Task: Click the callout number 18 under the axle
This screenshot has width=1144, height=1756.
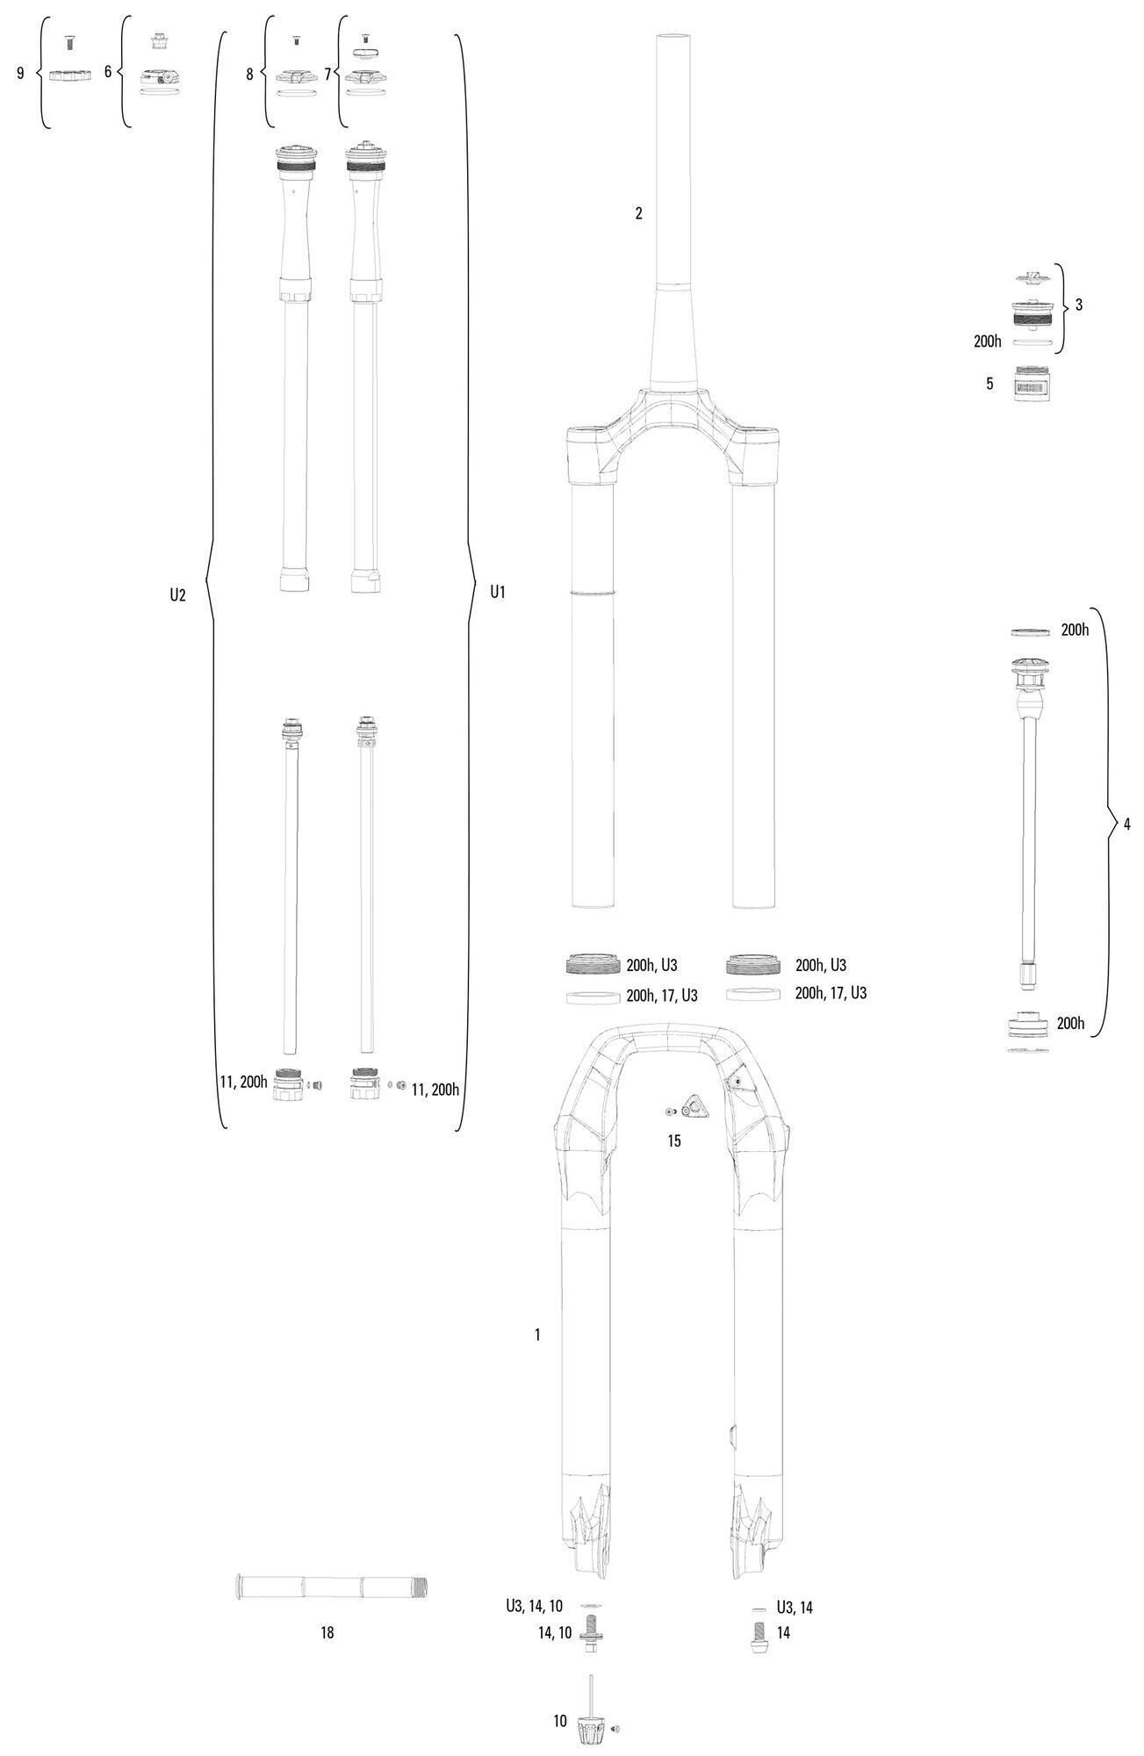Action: coord(327,1633)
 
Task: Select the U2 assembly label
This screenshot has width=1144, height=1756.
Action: coord(177,594)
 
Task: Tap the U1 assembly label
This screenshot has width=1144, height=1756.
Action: coord(498,592)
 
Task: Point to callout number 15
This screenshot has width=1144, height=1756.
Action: coord(674,1141)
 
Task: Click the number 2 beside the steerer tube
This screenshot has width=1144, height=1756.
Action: coord(639,212)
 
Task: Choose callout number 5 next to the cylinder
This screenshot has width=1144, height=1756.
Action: coord(989,384)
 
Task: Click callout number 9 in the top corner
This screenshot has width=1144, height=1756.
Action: coord(20,73)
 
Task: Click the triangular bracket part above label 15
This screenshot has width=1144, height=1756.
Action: coord(694,1109)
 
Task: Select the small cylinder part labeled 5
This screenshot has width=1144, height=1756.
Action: coord(1034,383)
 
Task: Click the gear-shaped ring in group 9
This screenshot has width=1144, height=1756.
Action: coord(70,76)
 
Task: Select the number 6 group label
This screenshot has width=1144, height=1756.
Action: coord(108,71)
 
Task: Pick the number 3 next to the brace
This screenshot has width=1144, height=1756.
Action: coord(1079,305)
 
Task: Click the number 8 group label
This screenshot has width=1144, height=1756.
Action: coord(249,75)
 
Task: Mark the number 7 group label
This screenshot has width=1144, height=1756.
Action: coord(327,75)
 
